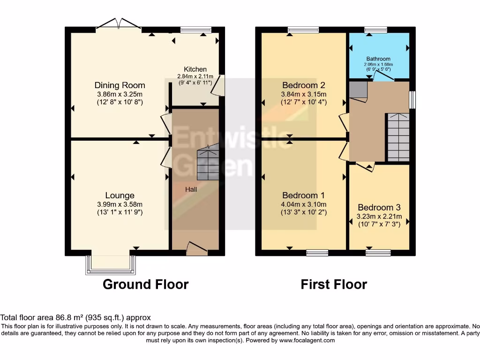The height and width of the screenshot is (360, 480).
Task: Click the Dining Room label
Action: [120, 85]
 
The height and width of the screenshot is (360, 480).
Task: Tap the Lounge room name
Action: [120, 195]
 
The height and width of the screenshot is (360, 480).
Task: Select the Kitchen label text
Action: [195, 69]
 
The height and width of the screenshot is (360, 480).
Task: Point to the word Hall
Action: [191, 189]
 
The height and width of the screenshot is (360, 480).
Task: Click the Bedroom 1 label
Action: [304, 195]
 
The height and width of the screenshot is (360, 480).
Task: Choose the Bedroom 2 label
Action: [304, 85]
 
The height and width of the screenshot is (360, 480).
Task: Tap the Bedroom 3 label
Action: [379, 208]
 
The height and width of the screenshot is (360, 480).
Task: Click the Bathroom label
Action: [378, 59]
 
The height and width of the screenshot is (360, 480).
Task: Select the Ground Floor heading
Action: [145, 285]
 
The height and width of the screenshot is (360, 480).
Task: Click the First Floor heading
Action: [334, 285]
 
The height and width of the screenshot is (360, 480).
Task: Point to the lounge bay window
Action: [111, 265]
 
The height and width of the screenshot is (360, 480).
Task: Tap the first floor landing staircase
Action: [397, 137]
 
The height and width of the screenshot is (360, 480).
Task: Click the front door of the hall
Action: [196, 248]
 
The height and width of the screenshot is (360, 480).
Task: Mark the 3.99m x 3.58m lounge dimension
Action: [120, 204]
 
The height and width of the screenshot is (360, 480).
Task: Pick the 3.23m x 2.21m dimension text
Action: [379, 217]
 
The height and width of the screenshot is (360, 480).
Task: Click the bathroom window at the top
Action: [376, 30]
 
